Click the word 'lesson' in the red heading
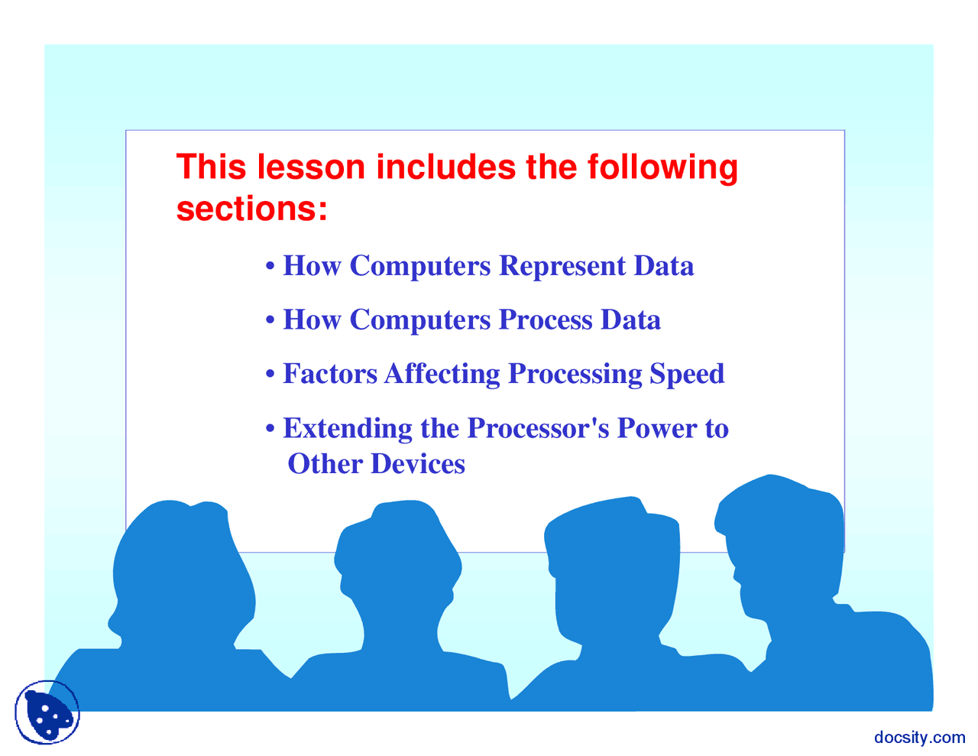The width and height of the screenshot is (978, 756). [310, 167]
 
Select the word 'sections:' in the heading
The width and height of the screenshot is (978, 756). [251, 209]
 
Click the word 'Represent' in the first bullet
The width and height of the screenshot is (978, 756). [562, 266]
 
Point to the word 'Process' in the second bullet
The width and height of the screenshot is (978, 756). [546, 320]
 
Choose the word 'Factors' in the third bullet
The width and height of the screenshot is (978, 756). [330, 374]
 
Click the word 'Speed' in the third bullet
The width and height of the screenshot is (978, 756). [687, 375]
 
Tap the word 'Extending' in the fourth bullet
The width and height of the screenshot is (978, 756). [348, 429]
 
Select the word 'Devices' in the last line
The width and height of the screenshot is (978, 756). [418, 464]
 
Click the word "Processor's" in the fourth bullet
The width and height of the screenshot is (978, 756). [539, 428]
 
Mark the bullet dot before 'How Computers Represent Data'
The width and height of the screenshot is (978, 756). [270, 266]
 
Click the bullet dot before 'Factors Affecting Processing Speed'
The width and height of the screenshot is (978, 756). [270, 374]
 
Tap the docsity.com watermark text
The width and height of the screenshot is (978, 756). [919, 737]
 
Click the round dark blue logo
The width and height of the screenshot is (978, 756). [47, 712]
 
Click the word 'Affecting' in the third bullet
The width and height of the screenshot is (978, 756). [442, 375]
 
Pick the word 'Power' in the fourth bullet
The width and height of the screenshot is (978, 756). [658, 428]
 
